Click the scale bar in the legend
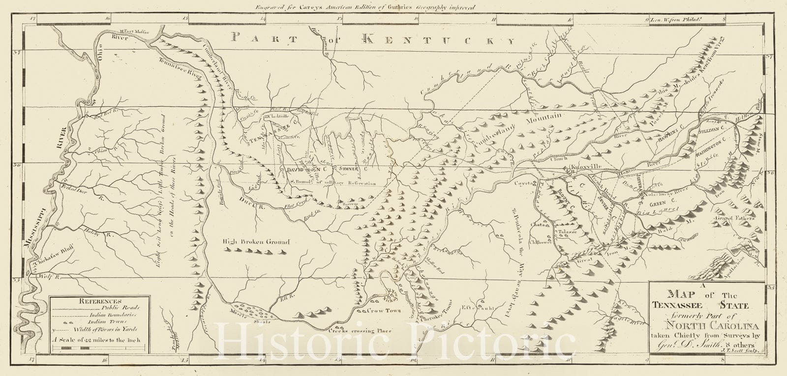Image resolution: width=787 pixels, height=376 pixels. [99, 348]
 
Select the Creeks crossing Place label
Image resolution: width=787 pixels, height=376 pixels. [360, 331]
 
